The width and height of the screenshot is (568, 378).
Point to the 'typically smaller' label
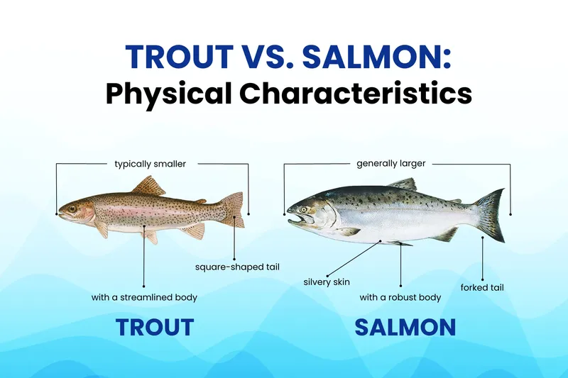150,164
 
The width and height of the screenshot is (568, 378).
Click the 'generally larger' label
390,164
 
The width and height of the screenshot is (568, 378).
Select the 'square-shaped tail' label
237,267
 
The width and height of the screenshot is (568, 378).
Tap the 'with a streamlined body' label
144,297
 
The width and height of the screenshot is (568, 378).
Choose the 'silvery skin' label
327,282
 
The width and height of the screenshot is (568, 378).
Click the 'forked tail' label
482,288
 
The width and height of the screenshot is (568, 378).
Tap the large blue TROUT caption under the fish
155,327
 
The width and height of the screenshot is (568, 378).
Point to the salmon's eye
305,209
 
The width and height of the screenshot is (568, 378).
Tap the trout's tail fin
232,210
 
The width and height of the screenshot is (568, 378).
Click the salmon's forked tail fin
490,214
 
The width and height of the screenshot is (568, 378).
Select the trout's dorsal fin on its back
150,187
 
